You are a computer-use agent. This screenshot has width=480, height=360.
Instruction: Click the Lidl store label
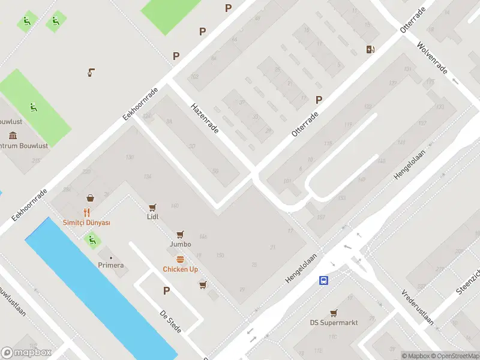152,217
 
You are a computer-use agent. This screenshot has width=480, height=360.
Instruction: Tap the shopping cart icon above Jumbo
180,235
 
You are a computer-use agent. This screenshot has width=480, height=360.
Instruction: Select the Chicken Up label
180,269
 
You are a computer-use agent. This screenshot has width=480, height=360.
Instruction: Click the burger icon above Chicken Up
180,259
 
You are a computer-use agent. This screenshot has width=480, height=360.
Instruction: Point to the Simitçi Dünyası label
86,223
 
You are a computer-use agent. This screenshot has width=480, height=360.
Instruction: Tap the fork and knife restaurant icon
86,212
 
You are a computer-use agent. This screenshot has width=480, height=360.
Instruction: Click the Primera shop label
111,265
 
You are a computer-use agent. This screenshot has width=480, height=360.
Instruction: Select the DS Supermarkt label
334,323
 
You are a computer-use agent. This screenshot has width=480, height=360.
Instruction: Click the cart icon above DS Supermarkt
334,313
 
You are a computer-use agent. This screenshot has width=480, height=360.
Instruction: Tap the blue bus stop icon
323,280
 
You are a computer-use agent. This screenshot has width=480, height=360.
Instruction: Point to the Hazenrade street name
204,117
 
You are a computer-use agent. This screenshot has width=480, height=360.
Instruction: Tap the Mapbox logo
26,353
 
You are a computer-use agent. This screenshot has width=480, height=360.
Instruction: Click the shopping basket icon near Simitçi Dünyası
90,197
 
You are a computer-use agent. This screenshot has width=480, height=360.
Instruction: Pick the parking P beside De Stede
166,291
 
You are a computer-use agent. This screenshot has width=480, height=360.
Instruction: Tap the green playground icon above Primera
92,241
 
